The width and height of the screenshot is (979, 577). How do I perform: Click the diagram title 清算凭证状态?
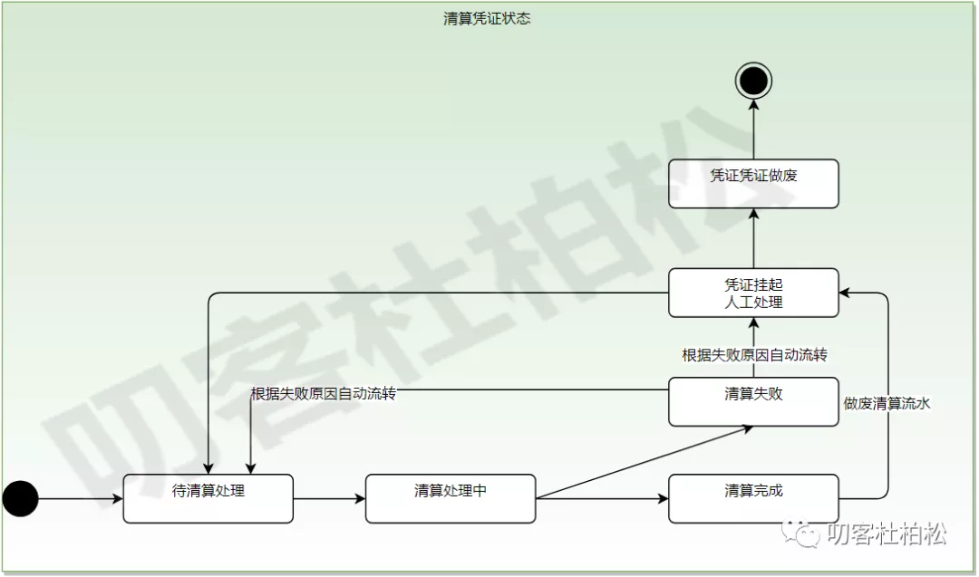[487, 19]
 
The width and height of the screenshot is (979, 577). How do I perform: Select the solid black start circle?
[21, 498]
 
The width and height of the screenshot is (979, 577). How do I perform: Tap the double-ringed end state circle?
[753, 82]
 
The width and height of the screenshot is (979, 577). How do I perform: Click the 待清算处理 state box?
[208, 498]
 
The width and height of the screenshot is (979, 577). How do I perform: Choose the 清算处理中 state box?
[451, 498]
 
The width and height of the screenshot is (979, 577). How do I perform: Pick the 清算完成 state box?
[753, 498]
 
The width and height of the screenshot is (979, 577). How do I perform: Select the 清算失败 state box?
[753, 401]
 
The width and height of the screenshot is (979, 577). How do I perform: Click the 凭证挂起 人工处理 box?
[753, 293]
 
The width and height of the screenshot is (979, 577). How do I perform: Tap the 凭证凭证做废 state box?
[753, 183]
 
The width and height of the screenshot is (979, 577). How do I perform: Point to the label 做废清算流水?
[887, 404]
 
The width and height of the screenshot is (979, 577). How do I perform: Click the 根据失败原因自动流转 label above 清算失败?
[754, 355]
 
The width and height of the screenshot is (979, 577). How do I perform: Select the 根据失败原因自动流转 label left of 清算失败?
[324, 394]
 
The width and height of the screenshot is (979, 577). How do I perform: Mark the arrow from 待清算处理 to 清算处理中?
[329, 498]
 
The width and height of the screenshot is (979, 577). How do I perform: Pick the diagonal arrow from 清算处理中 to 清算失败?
[644, 462]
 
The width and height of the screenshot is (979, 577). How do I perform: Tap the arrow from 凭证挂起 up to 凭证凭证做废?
[753, 237]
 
